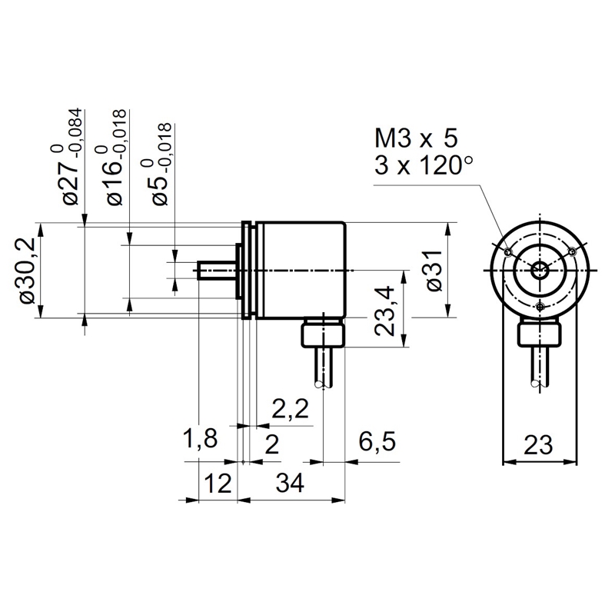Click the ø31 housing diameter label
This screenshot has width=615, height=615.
434,271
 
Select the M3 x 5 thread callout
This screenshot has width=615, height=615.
415,139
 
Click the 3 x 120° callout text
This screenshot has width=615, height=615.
422,165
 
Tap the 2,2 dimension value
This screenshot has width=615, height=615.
290,408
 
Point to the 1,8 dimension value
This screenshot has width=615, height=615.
200,440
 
